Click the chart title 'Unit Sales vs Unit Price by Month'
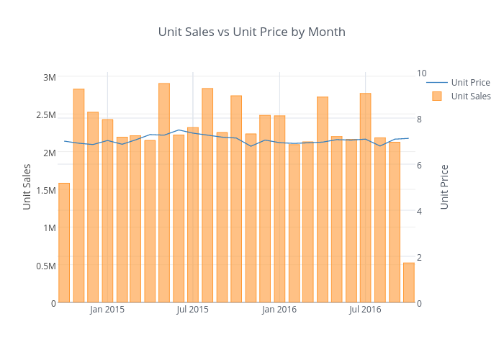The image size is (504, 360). point(252,32)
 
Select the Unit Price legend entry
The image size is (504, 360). point(470,82)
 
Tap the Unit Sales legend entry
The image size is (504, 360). point(471,96)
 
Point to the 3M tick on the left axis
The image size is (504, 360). point(49,77)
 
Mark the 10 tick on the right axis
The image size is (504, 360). point(421,73)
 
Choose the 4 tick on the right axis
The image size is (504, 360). point(419,211)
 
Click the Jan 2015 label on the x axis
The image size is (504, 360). point(107,310)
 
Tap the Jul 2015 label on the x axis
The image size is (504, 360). point(193,310)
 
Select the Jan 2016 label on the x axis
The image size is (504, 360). point(279,310)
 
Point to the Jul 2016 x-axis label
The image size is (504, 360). point(365,310)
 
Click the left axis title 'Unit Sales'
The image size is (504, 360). point(27,186)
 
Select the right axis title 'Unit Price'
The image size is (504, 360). point(444,186)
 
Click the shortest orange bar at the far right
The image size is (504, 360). point(408,283)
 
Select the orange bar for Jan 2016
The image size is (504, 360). point(279,209)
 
